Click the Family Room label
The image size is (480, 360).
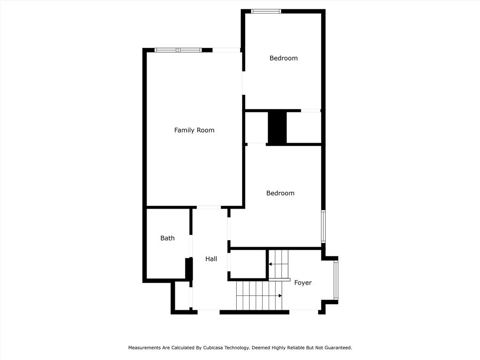[x=194, y=130]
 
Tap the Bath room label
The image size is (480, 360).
[x=167, y=238]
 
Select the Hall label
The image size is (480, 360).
[x=211, y=259]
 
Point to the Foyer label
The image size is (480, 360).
[x=303, y=283]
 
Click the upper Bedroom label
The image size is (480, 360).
[x=283, y=58]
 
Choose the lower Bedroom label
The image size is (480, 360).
[x=280, y=193]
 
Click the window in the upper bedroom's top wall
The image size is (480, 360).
[x=266, y=11]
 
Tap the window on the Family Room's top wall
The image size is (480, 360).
[x=178, y=50]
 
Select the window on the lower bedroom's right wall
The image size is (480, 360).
[x=323, y=226]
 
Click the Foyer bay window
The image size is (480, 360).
[x=336, y=280]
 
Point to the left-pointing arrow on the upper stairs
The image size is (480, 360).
[x=270, y=264]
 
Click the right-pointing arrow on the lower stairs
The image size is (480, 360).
[x=280, y=296]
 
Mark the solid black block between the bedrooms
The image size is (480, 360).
[x=277, y=127]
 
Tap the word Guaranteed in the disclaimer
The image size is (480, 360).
[x=335, y=348]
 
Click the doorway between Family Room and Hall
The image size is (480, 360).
[x=209, y=207]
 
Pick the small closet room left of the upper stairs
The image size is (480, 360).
[x=247, y=265]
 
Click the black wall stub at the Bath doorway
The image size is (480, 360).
[x=188, y=269]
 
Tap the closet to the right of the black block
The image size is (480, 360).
[x=303, y=127]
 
